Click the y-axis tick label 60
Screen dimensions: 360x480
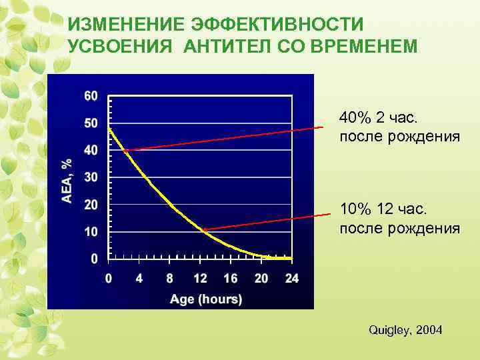pyautogui.click(x=91, y=96)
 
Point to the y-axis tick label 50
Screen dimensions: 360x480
pyautogui.click(x=91, y=123)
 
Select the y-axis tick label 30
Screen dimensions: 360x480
pyautogui.click(x=91, y=177)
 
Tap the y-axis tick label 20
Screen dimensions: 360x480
pyautogui.click(x=91, y=205)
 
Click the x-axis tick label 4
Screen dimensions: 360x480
pyautogui.click(x=139, y=279)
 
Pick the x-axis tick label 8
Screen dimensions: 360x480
pyautogui.click(x=170, y=279)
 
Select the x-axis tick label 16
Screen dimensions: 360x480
pyautogui.click(x=231, y=279)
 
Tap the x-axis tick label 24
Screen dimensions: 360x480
pyautogui.click(x=291, y=279)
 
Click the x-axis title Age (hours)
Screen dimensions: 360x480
pyautogui.click(x=206, y=299)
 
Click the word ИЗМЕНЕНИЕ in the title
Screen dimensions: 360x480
pyautogui.click(x=126, y=25)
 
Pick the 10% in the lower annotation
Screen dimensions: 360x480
pyautogui.click(x=354, y=210)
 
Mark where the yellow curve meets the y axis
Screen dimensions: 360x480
pyautogui.click(x=109, y=128)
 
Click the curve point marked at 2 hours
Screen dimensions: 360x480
pyautogui.click(x=124, y=151)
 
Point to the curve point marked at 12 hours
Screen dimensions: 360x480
pyautogui.click(x=203, y=230)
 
